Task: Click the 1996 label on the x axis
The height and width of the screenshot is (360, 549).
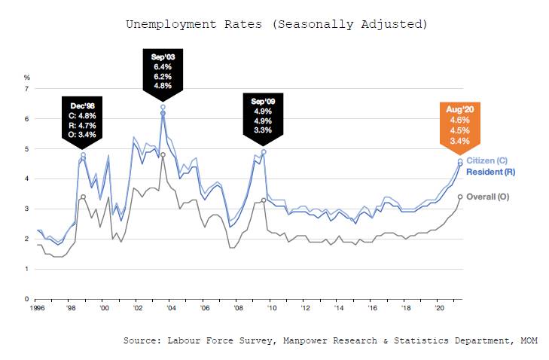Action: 38,309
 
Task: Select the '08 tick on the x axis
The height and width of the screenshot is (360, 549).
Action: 239,309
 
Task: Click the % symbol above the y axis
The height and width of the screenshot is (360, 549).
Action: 26,78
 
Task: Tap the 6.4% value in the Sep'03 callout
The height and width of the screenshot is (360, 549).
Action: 162,66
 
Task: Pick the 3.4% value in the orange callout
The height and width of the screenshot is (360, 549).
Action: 460,141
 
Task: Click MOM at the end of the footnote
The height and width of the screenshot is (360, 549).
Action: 530,341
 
